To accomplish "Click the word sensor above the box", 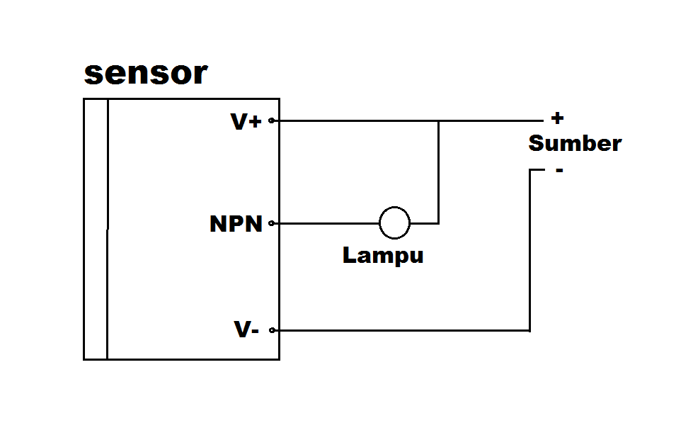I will pyautogui.click(x=146, y=74).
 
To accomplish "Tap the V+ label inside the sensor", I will pyautogui.click(x=246, y=122).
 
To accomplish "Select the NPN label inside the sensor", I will pyautogui.click(x=236, y=224).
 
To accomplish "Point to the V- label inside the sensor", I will pyautogui.click(x=246, y=329).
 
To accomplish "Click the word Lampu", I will pyautogui.click(x=383, y=255).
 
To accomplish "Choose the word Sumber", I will pyautogui.click(x=575, y=143).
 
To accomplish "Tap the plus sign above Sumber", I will pyautogui.click(x=557, y=118).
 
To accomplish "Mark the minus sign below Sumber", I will pyautogui.click(x=559, y=170).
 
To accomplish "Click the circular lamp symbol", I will pyautogui.click(x=394, y=222).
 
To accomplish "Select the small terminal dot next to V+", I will pyautogui.click(x=272, y=120).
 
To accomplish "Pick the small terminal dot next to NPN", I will pyautogui.click(x=272, y=223).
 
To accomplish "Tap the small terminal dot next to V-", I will pyautogui.click(x=272, y=330).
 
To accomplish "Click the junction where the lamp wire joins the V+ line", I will pyautogui.click(x=438, y=120).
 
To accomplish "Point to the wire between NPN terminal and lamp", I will pyautogui.click(x=326, y=223).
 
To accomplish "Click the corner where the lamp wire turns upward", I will pyautogui.click(x=438, y=223).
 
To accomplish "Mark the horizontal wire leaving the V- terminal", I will pyautogui.click(x=396, y=330).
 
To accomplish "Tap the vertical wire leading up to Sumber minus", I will pyautogui.click(x=529, y=248).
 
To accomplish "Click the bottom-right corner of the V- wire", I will pyautogui.click(x=529, y=330).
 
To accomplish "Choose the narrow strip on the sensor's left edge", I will pyautogui.click(x=96, y=228).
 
